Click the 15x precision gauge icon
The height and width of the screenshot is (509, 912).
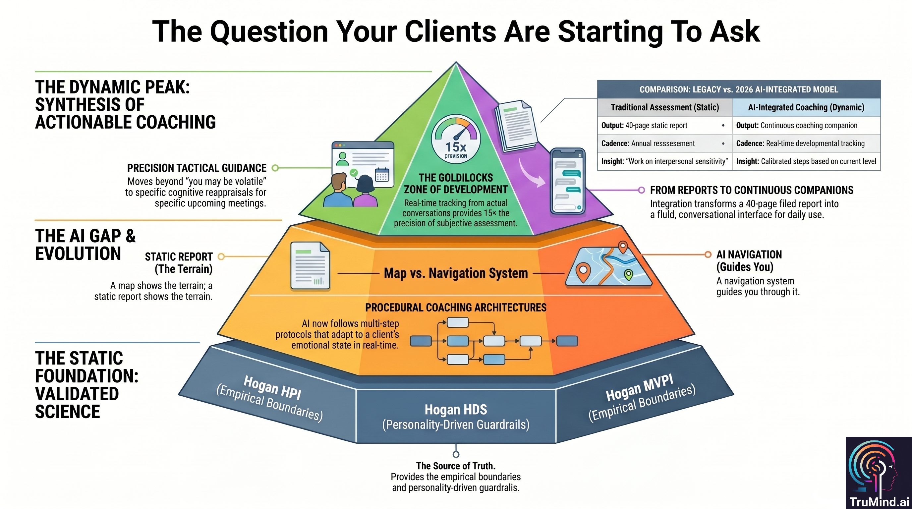pyautogui.click(x=456, y=139)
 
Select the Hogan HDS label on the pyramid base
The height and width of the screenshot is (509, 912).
pyautogui.click(x=456, y=410)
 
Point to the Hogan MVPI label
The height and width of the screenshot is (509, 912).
pyautogui.click(x=639, y=388)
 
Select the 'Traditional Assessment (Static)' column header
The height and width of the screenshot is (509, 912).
pyautogui.click(x=664, y=107)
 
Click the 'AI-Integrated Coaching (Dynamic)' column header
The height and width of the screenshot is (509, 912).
pyautogui.click(x=806, y=107)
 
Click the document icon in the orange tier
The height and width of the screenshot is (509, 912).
pyautogui.click(x=310, y=265)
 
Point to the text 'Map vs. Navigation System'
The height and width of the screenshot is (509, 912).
pyautogui.click(x=456, y=273)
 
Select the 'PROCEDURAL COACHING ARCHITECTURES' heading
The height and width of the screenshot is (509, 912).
pyautogui.click(x=456, y=308)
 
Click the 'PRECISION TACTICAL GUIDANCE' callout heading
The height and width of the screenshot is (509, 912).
pyautogui.click(x=197, y=168)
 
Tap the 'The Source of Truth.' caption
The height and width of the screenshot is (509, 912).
pyautogui.click(x=456, y=466)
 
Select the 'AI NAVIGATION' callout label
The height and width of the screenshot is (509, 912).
pyautogui.click(x=749, y=254)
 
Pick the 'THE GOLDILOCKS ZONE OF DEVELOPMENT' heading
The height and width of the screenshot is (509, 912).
pyautogui.click(x=456, y=183)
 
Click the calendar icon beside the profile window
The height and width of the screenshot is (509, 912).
pyautogui.click(x=382, y=175)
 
